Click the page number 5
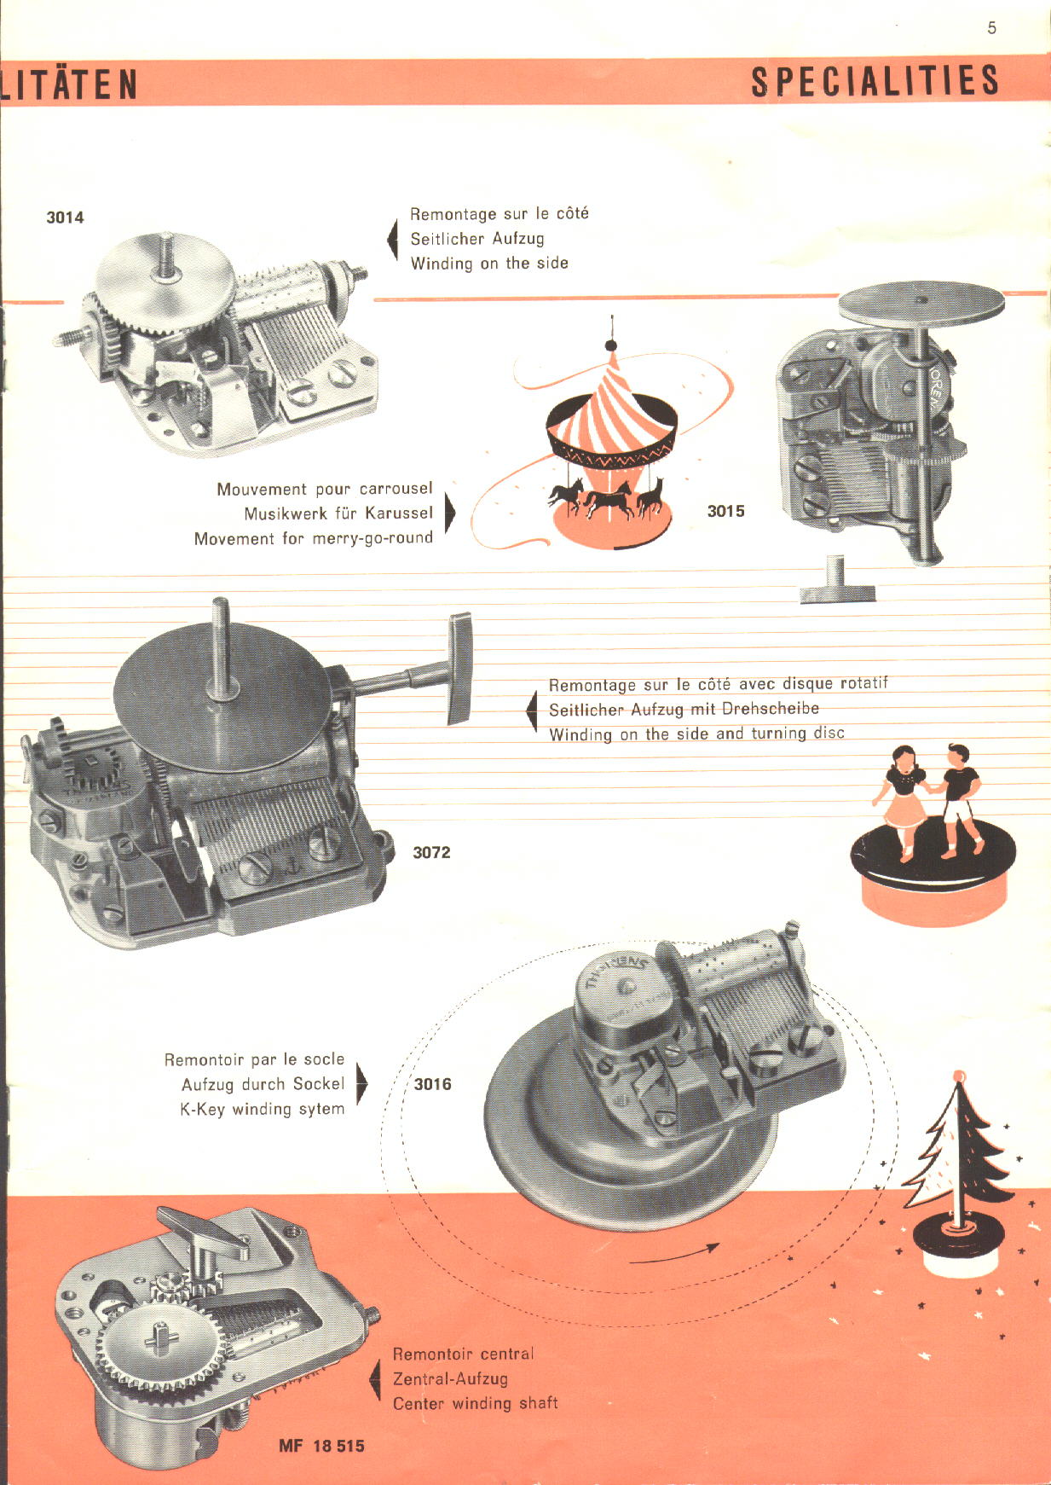click(991, 28)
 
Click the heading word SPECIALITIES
click(875, 82)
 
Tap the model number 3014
click(65, 218)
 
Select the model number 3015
click(725, 511)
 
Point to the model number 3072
click(431, 852)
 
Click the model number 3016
click(432, 1084)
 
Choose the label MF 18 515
click(321, 1446)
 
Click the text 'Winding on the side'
click(489, 264)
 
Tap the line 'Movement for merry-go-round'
click(313, 538)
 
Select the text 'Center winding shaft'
click(475, 1403)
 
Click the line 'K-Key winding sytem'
click(262, 1109)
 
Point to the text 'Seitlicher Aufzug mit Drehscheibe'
click(684, 709)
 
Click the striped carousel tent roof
click(612, 401)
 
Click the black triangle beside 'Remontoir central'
click(374, 1378)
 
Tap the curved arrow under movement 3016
click(674, 1255)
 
